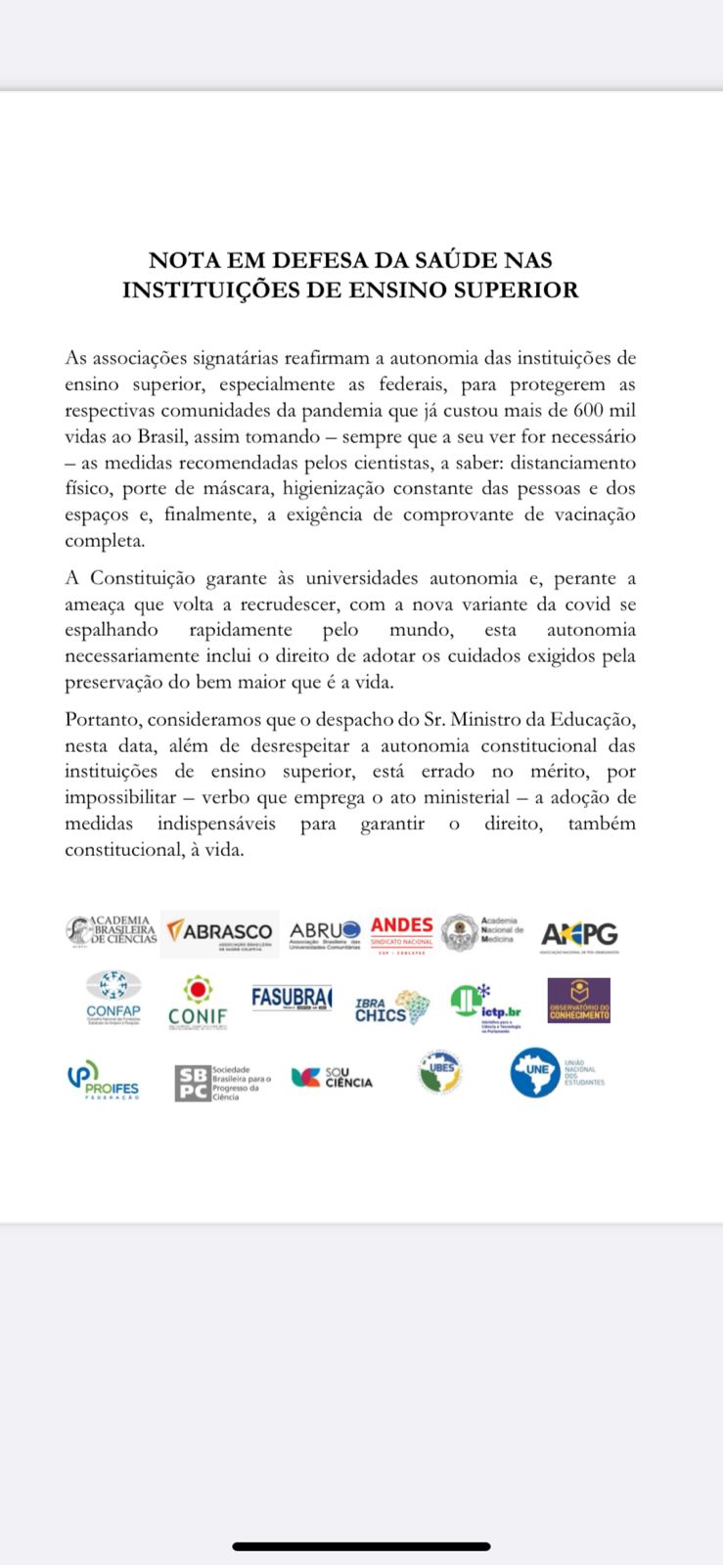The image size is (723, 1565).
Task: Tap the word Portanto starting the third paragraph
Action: [104, 720]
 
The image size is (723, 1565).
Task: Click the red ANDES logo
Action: [401, 930]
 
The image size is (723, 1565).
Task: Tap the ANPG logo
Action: [579, 935]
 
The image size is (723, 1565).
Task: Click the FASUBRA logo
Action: [292, 1000]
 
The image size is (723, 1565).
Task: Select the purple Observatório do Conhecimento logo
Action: [578, 1001]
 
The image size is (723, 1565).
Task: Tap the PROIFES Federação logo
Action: [103, 1081]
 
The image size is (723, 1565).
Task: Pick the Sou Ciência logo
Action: [332, 1078]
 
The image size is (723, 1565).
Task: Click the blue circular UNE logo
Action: [535, 1073]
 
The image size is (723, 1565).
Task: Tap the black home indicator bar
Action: [361, 1546]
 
